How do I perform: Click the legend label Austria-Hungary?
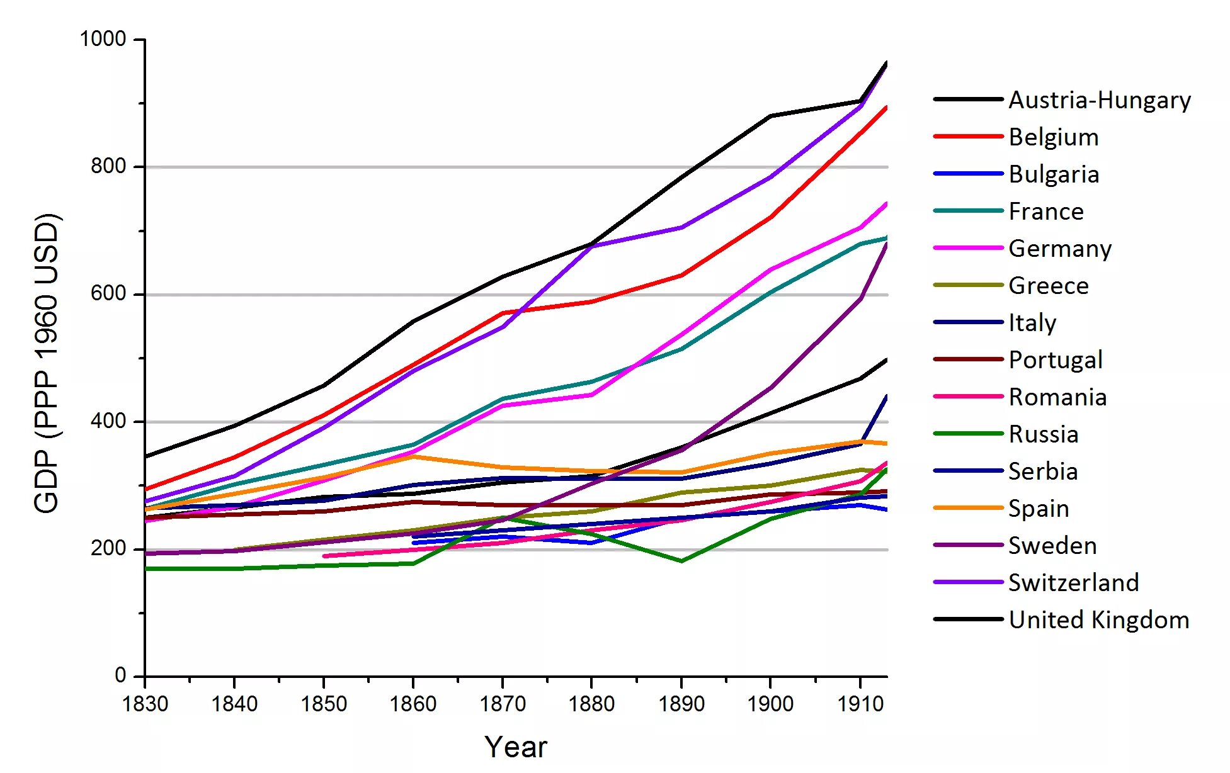(1100, 100)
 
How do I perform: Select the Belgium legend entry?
(1054, 137)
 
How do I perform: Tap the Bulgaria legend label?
(1054, 174)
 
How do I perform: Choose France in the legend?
(1046, 212)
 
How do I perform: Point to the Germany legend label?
(1060, 249)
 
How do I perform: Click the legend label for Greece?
(1049, 286)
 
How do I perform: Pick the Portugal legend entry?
(1056, 360)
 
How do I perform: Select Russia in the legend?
(1044, 434)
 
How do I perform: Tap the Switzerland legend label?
(1074, 583)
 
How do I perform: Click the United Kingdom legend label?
(1099, 620)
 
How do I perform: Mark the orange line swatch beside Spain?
(968, 508)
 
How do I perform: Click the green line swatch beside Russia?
(968, 434)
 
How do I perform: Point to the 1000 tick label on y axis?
(103, 39)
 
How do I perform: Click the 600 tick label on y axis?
(108, 294)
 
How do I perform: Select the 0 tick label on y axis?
(120, 676)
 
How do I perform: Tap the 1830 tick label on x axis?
(145, 704)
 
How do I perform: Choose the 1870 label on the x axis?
(503, 704)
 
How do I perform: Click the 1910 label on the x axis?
(860, 704)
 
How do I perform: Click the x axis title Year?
(516, 747)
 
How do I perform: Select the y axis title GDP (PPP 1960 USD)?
(47, 363)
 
